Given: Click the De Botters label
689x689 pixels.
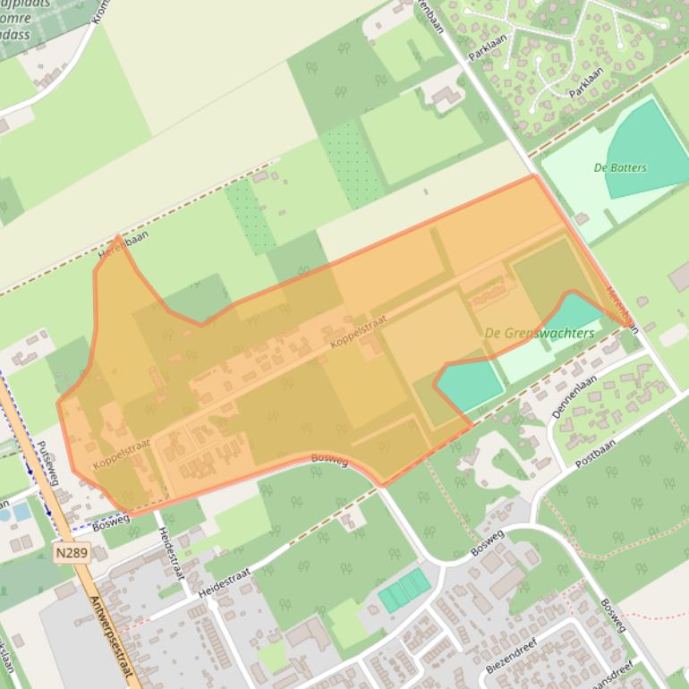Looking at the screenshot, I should click(x=620, y=167).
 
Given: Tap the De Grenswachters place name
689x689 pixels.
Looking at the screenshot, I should click(x=539, y=333).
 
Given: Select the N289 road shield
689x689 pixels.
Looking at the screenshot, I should click(x=72, y=553).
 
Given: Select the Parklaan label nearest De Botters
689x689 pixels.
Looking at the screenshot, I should click(x=586, y=81).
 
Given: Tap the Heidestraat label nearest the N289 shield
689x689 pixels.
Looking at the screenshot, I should click(x=170, y=552).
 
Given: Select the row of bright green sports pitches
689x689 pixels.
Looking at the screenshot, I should click(x=404, y=590).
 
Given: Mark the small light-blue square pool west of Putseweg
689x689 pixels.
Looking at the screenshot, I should click(x=21, y=512).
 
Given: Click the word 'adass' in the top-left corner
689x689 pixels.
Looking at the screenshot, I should click(x=15, y=35).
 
